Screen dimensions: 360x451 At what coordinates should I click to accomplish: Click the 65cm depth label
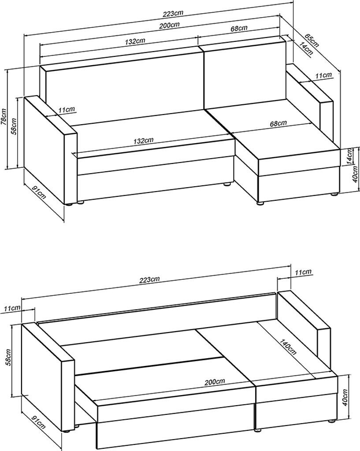312,40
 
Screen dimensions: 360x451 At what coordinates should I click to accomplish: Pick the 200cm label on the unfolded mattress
215,382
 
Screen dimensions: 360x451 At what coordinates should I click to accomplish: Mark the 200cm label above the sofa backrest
170,25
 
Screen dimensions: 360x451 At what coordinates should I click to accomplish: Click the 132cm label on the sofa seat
143,141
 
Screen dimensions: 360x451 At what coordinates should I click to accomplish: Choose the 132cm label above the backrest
135,41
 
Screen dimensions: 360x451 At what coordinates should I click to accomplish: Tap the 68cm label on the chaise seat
278,124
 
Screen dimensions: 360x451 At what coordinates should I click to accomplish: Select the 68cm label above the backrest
239,29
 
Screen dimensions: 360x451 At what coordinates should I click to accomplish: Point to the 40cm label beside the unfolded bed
345,398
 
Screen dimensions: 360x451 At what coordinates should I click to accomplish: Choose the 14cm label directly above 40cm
349,157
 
